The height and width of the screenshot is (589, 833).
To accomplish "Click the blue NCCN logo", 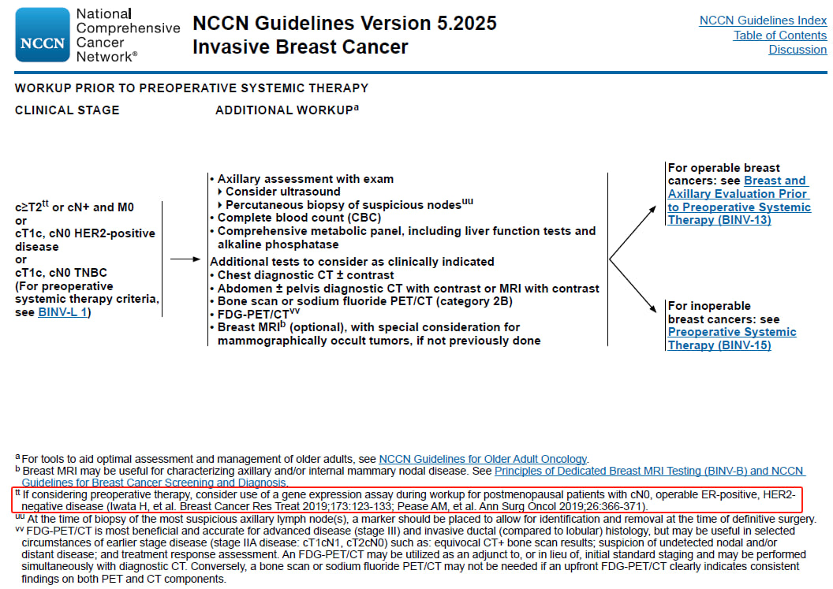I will (43, 35).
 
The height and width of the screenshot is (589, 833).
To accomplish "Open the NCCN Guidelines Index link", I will (763, 21).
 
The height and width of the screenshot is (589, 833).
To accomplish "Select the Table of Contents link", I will (779, 35).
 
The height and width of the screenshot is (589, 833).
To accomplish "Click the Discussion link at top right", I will (798, 50).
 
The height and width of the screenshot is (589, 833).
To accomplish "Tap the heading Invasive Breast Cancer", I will (300, 47).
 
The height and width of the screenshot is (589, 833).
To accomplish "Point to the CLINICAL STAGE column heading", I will (67, 110).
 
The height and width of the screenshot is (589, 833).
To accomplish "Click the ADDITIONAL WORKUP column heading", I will (284, 110).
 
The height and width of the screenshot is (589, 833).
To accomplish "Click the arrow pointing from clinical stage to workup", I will (186, 259).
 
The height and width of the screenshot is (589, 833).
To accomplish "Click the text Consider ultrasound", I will (283, 192).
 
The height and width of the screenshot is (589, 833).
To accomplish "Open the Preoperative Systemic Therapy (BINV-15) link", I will (731, 338).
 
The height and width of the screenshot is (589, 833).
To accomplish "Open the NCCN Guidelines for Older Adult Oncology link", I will (483, 459).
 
